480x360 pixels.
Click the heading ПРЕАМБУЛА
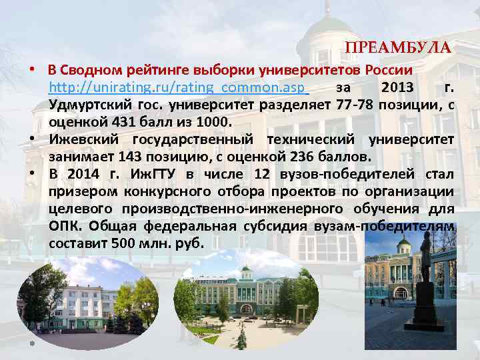click(x=398, y=49)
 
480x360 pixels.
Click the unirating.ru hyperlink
click(x=177, y=87)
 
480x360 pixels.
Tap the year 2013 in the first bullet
click(x=397, y=87)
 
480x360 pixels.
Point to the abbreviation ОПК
click(x=63, y=226)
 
